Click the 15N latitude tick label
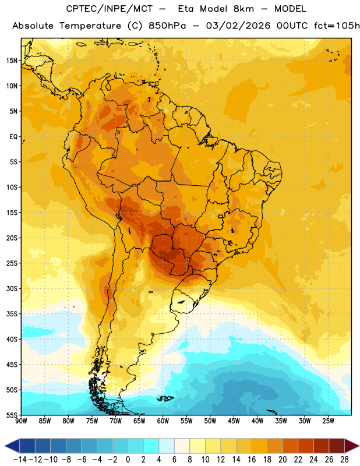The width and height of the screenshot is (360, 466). coord(12,61)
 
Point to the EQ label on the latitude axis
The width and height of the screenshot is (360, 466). coord(13,137)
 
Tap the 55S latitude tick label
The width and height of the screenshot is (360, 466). coord(12,415)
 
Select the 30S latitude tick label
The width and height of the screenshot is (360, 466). coord(12,288)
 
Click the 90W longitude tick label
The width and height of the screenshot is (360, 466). coord(21,421)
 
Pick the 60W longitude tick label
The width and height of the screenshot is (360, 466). coord(163,421)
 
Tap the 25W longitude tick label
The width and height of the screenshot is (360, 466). coord(328,421)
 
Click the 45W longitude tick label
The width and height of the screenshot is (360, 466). coord(234,421)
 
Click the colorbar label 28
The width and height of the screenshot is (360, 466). coord(344,460)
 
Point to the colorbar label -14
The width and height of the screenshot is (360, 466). coord(20,460)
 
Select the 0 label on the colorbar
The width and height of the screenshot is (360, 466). coord(128,460)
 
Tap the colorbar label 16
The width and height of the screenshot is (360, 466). coord(252,460)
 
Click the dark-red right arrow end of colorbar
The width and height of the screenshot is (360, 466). coord(352,446)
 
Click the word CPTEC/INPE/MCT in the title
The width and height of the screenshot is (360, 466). coord(109,9)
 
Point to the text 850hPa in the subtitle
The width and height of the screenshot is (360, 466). coord(167,26)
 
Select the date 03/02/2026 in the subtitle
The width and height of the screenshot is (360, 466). coord(238,26)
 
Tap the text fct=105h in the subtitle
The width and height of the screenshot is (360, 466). coord(337,26)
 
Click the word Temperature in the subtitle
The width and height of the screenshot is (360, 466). coord(90,26)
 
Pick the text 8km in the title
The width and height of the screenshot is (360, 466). coord(243,9)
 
